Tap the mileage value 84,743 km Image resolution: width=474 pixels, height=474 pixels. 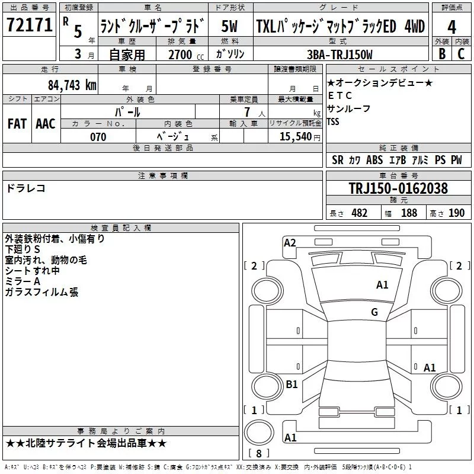click(x=72, y=85)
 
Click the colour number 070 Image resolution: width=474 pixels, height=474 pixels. click(x=98, y=137)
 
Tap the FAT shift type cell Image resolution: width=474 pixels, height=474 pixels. click(x=17, y=123)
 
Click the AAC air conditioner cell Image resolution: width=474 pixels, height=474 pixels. click(x=46, y=123)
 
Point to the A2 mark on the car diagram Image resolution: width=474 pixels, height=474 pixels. click(x=290, y=242)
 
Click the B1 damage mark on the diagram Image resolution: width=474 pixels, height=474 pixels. click(x=292, y=385)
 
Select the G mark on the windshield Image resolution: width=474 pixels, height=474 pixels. click(x=374, y=312)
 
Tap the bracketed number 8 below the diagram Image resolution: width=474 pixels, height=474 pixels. click(x=258, y=454)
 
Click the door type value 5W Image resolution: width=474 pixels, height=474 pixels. click(x=230, y=26)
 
